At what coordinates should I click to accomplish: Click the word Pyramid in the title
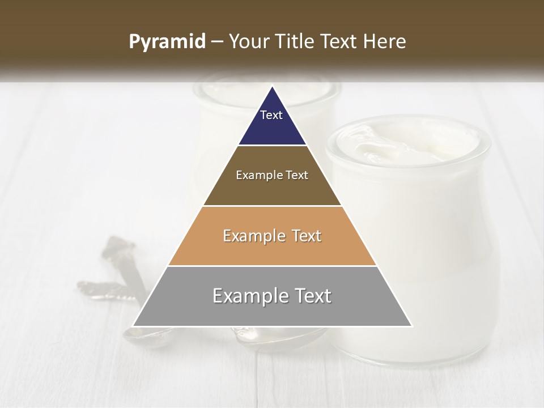[x=167, y=42]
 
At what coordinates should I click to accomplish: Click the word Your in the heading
[x=248, y=42]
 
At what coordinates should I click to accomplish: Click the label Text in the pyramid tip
[x=271, y=115]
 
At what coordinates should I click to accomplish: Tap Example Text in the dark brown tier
[x=272, y=175]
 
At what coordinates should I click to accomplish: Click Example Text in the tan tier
[x=272, y=236]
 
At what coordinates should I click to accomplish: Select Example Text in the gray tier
[x=272, y=296]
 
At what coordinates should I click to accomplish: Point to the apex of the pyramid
[x=272, y=87]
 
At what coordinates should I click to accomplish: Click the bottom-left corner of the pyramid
[x=133, y=326]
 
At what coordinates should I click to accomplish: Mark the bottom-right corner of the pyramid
[x=411, y=326]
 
